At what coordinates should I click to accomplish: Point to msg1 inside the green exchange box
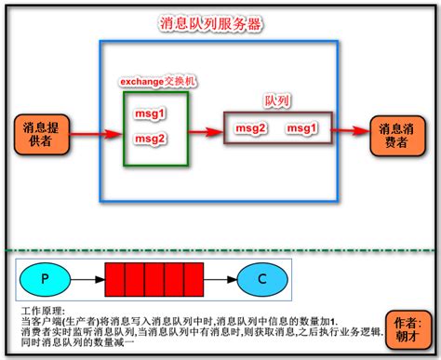click(151, 114)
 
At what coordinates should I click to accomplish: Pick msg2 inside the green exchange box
click(151, 139)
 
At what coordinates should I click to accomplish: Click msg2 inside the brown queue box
click(251, 127)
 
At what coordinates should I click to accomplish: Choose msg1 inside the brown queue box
click(302, 127)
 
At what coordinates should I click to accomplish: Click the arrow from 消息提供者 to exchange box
click(96, 132)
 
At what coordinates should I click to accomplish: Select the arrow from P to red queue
click(88, 278)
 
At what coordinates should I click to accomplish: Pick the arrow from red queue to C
click(220, 278)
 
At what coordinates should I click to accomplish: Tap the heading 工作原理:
click(46, 308)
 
